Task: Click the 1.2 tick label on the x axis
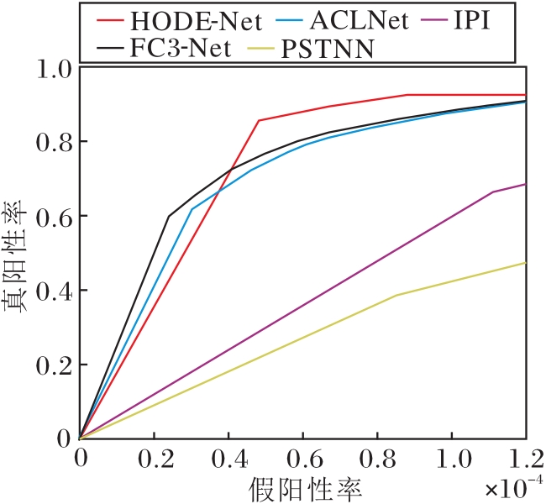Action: point(525,459)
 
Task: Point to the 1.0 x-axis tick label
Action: point(451,459)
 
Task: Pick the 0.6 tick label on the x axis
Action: point(303,459)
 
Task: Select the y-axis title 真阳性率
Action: point(20,252)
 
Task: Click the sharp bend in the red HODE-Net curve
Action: point(259,120)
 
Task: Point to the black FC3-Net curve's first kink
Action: point(169,216)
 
